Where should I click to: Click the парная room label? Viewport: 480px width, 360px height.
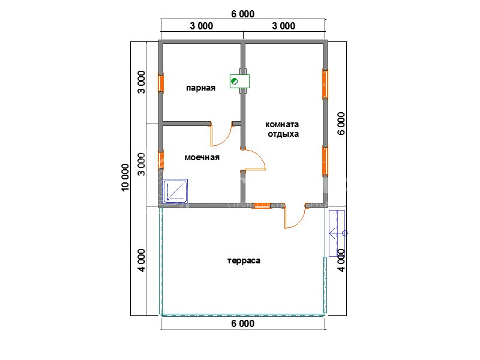tap(201, 88)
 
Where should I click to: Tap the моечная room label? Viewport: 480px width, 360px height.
tap(202, 157)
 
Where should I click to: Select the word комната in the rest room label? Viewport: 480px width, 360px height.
tap(282, 124)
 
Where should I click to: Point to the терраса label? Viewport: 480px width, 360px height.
tap(244, 261)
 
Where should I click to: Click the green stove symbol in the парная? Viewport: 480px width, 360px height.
tap(239, 82)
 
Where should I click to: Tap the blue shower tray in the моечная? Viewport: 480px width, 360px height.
tap(175, 191)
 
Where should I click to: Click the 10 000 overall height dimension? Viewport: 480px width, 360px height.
tap(125, 178)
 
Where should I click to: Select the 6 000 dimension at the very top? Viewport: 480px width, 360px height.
tap(243, 14)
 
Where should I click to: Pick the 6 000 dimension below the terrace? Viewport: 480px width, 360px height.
tap(243, 323)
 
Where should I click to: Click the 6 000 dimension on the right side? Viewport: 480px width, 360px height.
tap(341, 124)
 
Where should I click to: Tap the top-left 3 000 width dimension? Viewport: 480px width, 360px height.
tap(202, 26)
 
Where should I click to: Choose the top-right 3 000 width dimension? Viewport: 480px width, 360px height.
tap(284, 26)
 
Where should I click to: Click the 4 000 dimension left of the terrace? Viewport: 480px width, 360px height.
tap(142, 260)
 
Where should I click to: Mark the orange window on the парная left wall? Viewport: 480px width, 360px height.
tap(161, 83)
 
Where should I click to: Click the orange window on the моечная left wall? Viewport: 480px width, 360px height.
tap(161, 160)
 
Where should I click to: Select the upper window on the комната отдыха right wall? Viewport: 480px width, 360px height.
tap(325, 84)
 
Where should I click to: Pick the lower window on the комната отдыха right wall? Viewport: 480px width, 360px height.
tap(325, 161)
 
